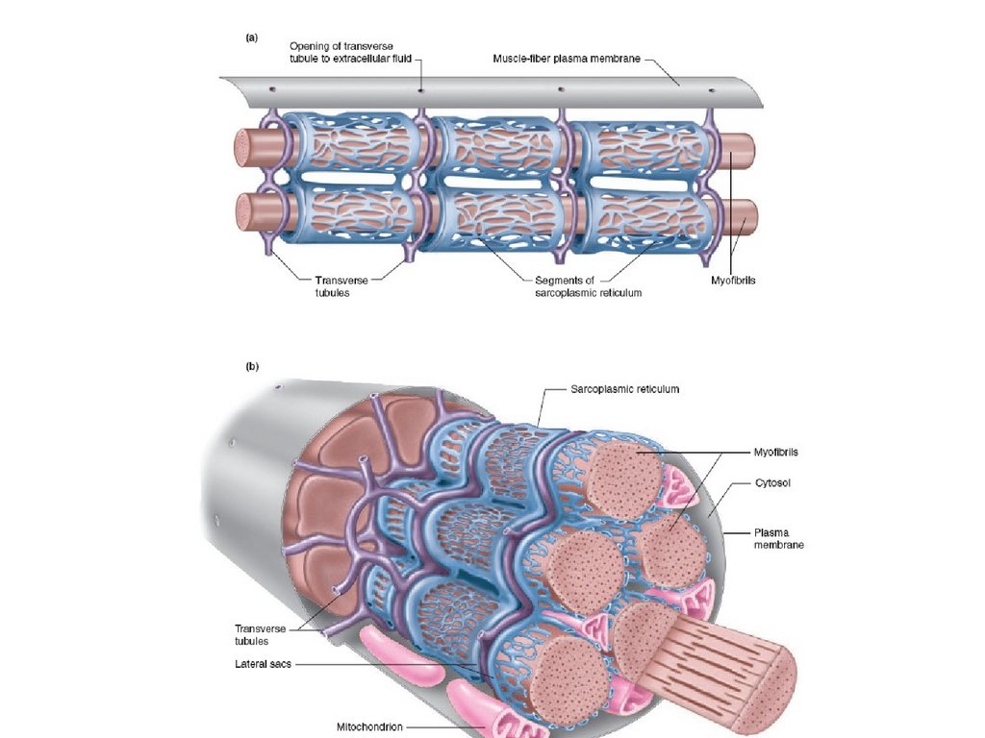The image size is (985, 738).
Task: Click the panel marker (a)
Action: tap(251, 37)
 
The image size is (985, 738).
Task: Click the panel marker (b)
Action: tap(252, 366)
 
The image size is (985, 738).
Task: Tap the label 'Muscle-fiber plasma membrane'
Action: tap(559, 59)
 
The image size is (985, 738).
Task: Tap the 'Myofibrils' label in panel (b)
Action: tap(776, 452)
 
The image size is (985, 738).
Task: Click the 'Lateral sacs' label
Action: tap(262, 664)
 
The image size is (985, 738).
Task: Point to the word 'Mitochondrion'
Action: tap(370, 726)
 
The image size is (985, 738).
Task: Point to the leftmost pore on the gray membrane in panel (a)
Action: tap(272, 89)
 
